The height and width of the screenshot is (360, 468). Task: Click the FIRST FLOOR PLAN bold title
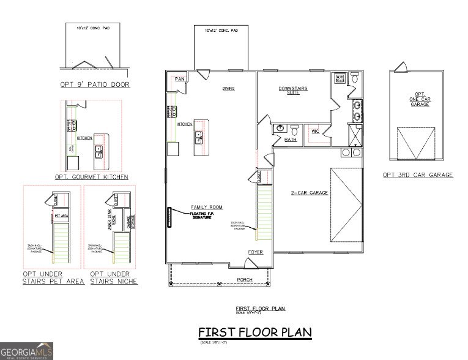point(254,332)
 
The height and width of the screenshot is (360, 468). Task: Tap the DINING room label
point(228,89)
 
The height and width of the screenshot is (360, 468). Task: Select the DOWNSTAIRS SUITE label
point(293,90)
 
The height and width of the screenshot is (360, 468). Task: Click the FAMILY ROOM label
point(207,207)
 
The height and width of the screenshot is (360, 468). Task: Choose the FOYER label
point(255,252)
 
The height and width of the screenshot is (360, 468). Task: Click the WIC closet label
point(315,131)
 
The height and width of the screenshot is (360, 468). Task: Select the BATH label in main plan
point(290,140)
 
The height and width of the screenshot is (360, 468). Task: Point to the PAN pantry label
point(179,79)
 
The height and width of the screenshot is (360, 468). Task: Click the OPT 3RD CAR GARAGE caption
point(418,175)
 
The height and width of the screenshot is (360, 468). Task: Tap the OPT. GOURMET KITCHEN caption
point(91,177)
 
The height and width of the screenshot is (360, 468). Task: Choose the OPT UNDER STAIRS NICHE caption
point(114,277)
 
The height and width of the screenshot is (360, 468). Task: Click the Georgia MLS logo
point(26,351)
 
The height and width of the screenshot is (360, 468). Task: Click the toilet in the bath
point(294,130)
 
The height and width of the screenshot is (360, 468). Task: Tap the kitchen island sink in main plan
point(199,137)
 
